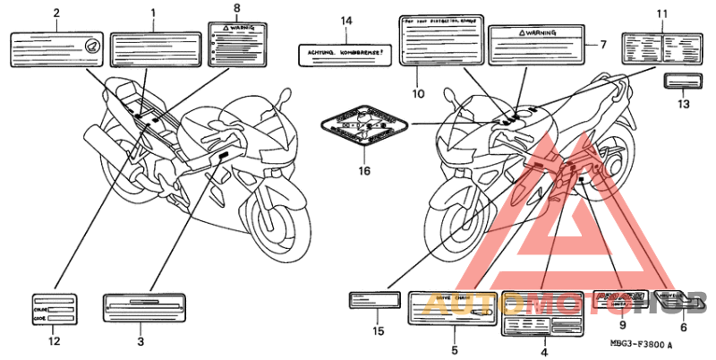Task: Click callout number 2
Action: [55, 13]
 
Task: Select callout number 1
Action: [153, 13]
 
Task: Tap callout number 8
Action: [236, 8]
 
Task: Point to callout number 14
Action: [347, 20]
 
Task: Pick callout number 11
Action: [662, 13]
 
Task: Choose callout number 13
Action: [684, 105]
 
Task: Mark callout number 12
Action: [54, 341]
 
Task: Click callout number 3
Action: [141, 341]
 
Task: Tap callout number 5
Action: [454, 350]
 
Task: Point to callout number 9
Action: [622, 326]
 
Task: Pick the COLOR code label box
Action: [55, 309]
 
